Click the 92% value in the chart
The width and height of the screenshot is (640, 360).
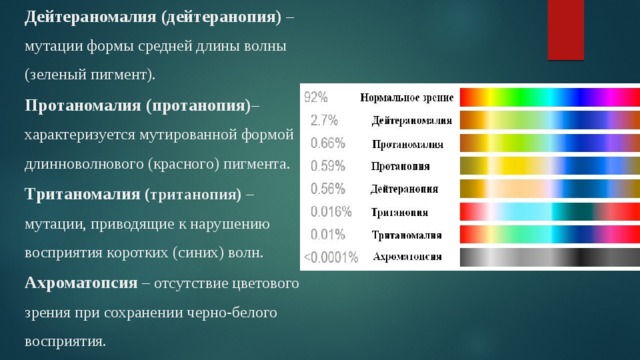[x=316, y=98]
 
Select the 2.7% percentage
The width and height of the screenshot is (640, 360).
[x=322, y=120]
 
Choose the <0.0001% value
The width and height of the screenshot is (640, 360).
[x=329, y=257]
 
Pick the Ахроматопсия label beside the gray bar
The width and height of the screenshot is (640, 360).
[x=408, y=257]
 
